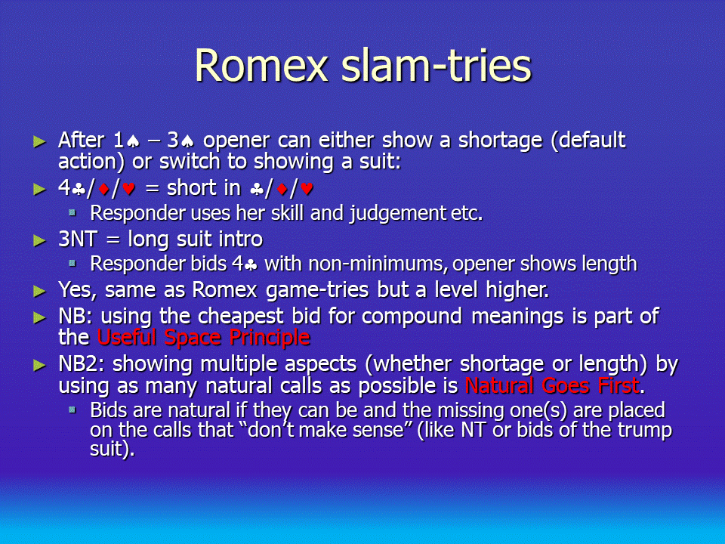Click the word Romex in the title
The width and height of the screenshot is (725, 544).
click(x=262, y=66)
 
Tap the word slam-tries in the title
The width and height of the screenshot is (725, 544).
click(x=437, y=66)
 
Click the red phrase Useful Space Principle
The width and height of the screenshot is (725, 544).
click(x=203, y=338)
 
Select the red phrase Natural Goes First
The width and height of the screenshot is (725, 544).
click(x=552, y=385)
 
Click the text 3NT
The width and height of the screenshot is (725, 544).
click(x=77, y=240)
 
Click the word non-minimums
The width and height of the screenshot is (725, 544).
click(x=378, y=264)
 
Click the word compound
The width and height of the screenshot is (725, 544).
click(x=412, y=317)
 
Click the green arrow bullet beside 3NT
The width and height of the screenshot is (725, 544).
click(x=40, y=240)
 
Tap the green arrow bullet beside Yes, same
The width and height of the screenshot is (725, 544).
click(x=40, y=292)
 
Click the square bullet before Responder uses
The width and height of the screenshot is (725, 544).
click(x=72, y=213)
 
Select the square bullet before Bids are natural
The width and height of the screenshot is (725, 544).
click(x=72, y=410)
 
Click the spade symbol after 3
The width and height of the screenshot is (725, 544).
click(x=187, y=141)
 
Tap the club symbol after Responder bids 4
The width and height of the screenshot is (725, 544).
click(x=251, y=265)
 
